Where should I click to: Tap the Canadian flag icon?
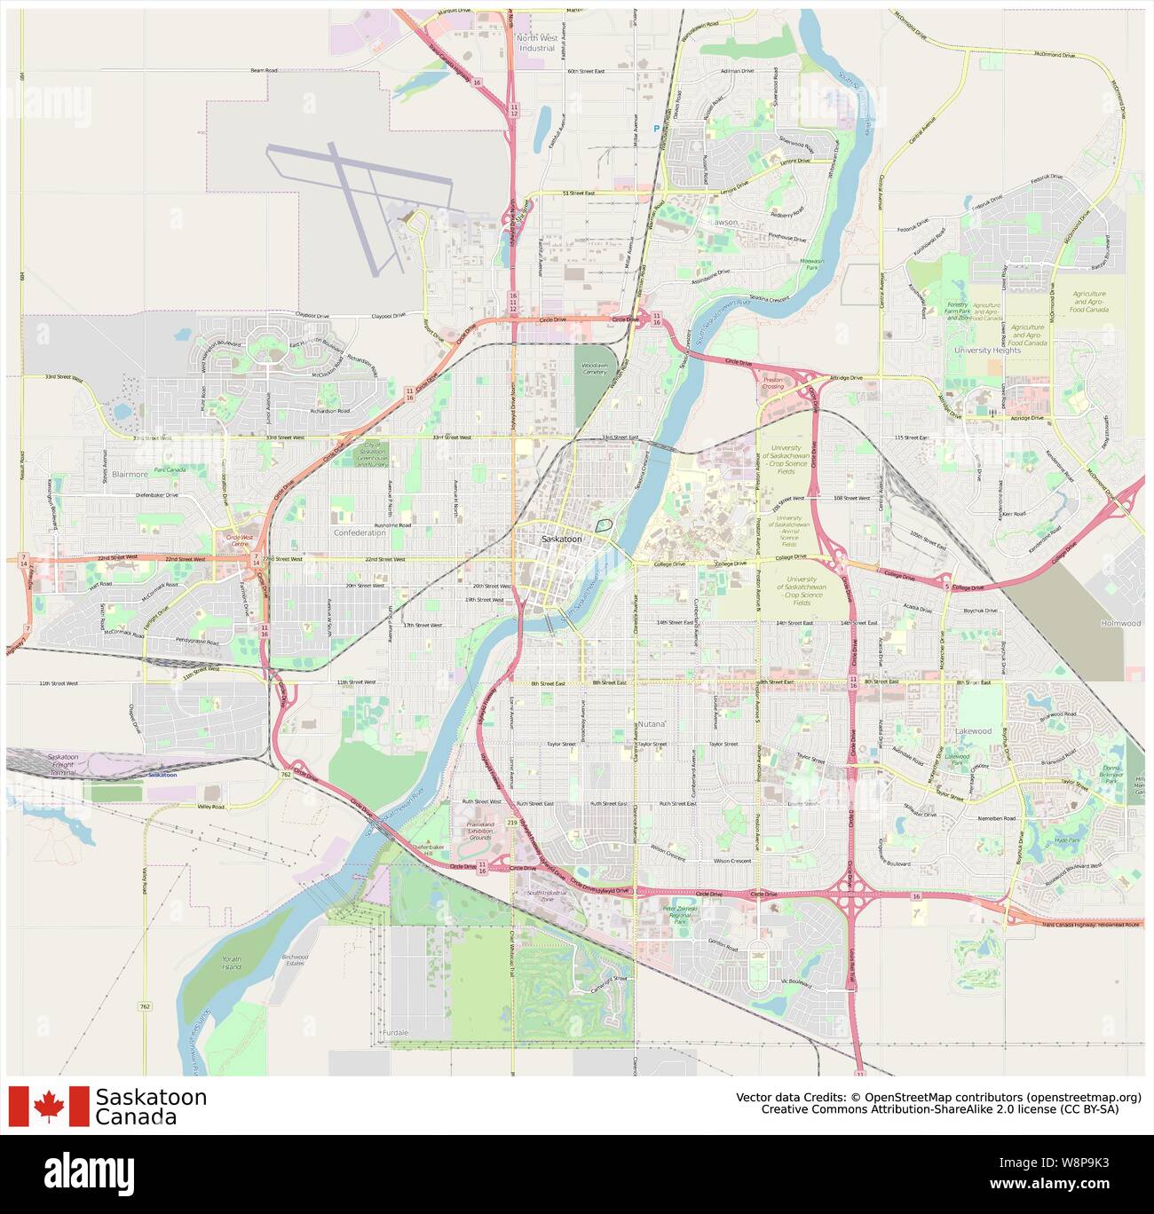coord(49,1106)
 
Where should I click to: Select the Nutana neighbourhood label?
coord(651,725)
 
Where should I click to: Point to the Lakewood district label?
coord(974,731)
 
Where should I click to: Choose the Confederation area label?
coord(360,532)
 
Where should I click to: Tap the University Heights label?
coord(987,351)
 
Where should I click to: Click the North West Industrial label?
coord(537,43)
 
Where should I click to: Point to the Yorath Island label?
coord(232,964)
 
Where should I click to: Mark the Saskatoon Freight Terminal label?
coord(62,765)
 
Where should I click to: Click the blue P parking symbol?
coord(657,129)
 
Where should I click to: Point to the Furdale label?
coord(396,1033)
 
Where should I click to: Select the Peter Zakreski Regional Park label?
coord(680,915)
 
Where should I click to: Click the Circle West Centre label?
coord(240,540)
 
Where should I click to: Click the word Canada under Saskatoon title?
coord(136,1117)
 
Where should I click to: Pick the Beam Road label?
coord(264,70)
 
